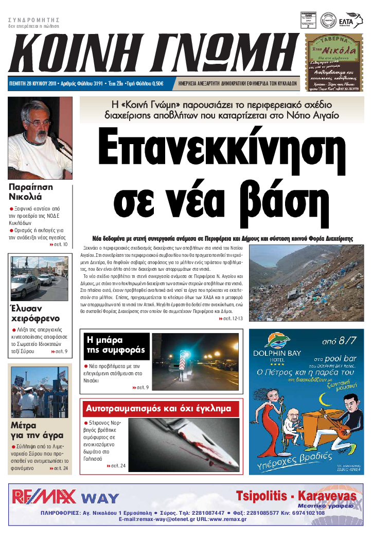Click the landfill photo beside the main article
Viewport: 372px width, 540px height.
[x=306, y=283]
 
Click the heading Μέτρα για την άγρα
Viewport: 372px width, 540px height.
[x=31, y=430]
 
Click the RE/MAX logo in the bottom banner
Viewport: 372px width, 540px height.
[x=44, y=496]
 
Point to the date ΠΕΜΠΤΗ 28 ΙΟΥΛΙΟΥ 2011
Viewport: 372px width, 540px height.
[x=33, y=83]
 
